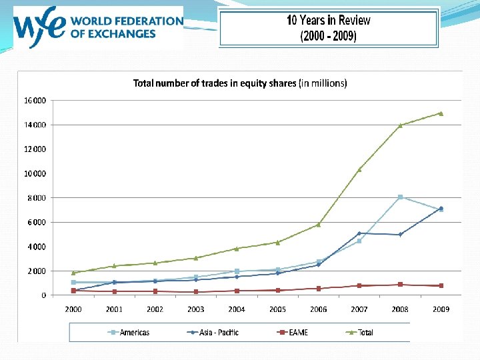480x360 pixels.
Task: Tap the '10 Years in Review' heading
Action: tap(328, 20)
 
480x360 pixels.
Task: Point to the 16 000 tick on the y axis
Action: tap(35, 101)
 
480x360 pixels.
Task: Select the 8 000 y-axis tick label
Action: tap(37, 198)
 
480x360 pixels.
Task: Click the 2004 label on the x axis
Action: tap(237, 309)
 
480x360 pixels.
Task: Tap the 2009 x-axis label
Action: tap(441, 309)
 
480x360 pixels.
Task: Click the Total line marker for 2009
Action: tap(441, 113)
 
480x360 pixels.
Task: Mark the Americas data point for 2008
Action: tap(400, 197)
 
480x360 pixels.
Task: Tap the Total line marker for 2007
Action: tap(359, 169)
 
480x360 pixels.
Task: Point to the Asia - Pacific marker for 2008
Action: tap(400, 235)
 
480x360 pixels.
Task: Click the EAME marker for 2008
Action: tap(400, 285)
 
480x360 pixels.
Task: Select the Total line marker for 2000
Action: tap(73, 273)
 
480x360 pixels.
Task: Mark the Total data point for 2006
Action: tap(319, 225)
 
